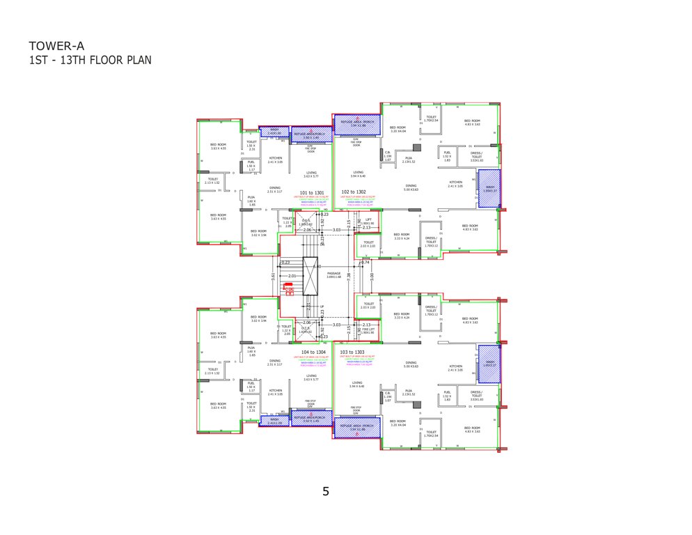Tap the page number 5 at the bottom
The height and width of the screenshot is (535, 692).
tap(326, 491)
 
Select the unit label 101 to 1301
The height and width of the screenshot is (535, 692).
tap(311, 192)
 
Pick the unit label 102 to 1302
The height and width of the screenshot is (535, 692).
tap(353, 192)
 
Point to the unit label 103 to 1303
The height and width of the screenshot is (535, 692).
tap(353, 352)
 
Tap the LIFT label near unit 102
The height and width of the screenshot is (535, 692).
tap(370, 221)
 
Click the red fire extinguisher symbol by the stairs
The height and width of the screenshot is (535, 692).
tap(287, 288)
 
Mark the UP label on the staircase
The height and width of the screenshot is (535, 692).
tap(321, 307)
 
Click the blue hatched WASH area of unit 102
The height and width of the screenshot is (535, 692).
tap(489, 189)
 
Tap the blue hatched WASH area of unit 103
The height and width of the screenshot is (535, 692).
tap(489, 363)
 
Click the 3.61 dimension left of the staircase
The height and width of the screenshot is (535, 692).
tap(272, 277)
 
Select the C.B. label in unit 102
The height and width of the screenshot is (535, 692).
tap(388, 155)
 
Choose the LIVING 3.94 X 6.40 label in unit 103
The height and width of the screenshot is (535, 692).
tap(358, 384)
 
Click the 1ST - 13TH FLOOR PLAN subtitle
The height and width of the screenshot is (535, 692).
tap(90, 60)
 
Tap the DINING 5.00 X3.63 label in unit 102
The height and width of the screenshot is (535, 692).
tap(411, 188)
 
